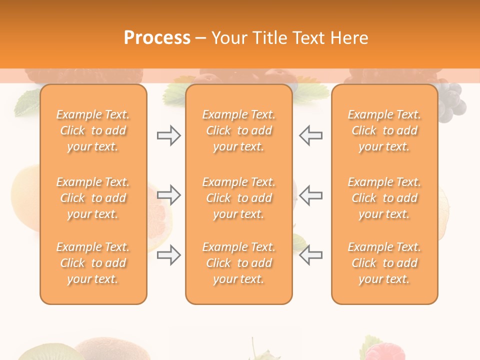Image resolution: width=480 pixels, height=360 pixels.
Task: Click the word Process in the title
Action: tap(157, 38)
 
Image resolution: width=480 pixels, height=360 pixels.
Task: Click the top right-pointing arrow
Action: tap(169, 135)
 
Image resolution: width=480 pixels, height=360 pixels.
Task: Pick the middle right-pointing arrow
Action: tap(169, 194)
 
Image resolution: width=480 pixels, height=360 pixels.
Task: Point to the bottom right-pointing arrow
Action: tap(169, 254)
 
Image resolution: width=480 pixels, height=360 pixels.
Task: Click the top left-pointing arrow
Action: tap(311, 135)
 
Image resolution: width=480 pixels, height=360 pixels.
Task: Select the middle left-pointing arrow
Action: tap(311, 194)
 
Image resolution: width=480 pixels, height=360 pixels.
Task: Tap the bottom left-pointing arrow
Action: tap(311, 254)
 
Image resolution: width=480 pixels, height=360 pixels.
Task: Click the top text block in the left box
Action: tap(93, 130)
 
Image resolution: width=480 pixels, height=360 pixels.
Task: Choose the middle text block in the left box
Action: tap(93, 198)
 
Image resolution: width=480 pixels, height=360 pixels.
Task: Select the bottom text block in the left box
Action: tap(93, 263)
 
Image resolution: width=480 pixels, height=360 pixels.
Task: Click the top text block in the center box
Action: tap(239, 130)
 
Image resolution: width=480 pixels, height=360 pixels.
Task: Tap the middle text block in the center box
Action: tap(239, 198)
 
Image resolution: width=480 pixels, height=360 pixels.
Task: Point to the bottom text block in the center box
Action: tap(239, 263)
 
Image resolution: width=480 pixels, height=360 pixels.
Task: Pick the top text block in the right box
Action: tap(384, 130)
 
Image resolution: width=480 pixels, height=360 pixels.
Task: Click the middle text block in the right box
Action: tap(384, 198)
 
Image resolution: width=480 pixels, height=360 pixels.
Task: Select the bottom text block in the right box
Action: tap(384, 263)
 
